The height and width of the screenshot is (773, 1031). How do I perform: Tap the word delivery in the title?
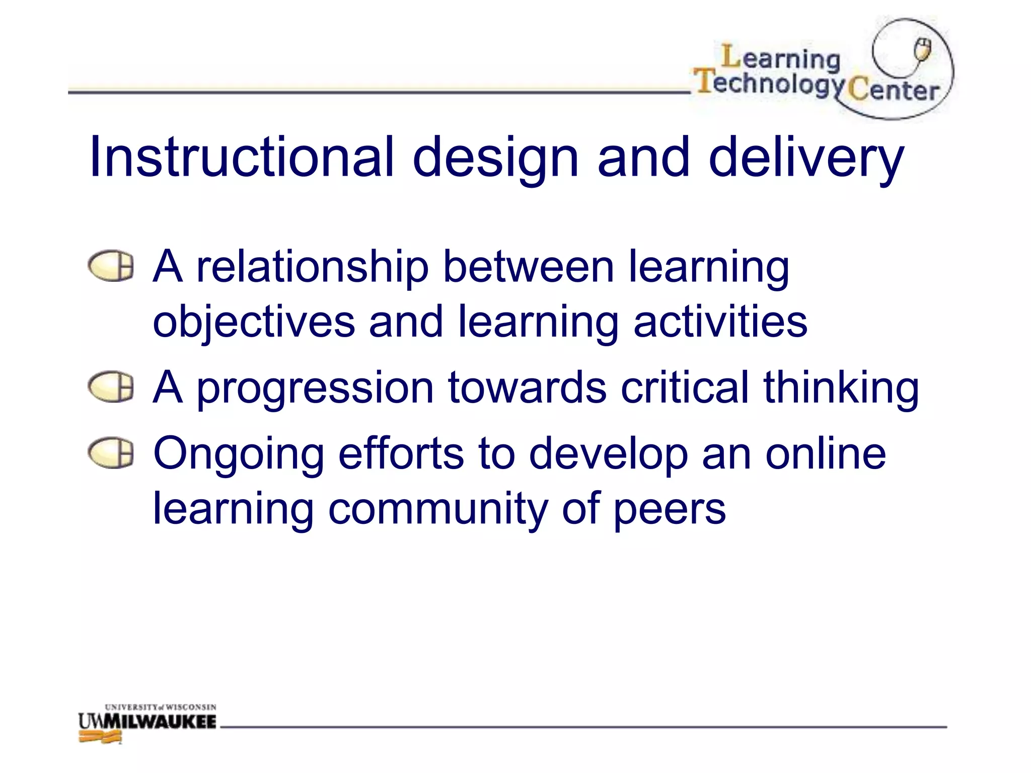806,159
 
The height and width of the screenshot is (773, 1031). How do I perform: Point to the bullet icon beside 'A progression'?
111,387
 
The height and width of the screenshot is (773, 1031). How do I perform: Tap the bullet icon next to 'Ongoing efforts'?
111,453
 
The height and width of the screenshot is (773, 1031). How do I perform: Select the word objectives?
254,323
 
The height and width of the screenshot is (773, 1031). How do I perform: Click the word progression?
315,390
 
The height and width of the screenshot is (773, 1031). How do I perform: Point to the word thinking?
841,390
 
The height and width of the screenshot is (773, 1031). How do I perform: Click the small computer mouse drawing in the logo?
922,50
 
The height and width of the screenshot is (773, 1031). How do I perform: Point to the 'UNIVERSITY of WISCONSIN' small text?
161,707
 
